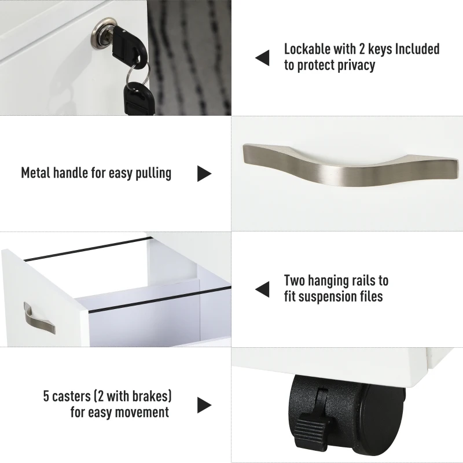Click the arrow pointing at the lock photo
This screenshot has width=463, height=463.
coord(262,57)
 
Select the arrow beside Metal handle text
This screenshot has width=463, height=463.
coord(204,173)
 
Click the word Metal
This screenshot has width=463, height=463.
coord(38,173)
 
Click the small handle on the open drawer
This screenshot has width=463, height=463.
coord(38,317)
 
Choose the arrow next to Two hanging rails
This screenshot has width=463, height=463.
coord(262,289)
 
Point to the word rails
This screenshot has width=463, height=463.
coord(362,281)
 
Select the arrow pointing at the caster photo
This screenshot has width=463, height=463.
coord(204,405)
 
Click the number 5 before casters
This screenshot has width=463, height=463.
coord(47,396)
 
